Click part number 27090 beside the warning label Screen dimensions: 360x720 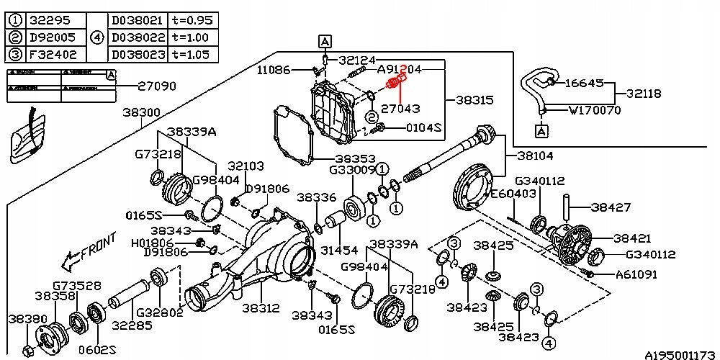tap(157, 86)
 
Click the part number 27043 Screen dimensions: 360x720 tap(400, 109)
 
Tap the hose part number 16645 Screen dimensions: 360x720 tap(583, 83)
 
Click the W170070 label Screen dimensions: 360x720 tap(594, 111)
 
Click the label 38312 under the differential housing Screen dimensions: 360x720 tap(261, 307)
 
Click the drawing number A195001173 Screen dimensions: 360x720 tap(680, 354)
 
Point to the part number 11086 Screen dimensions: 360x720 tap(275, 70)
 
